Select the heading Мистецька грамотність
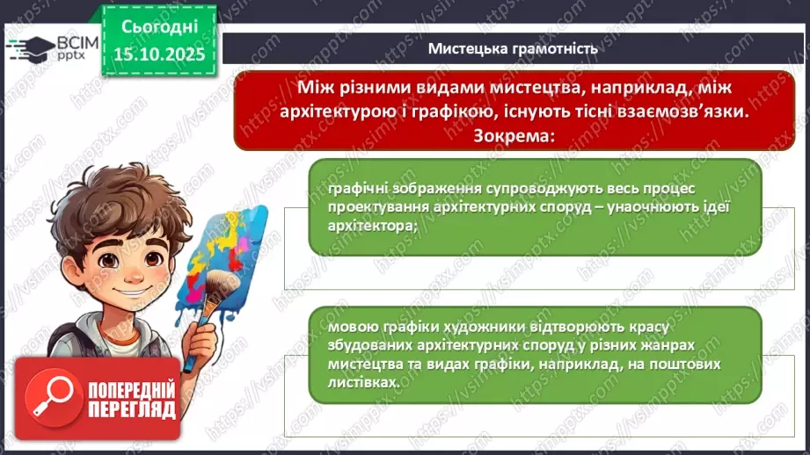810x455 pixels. (x=513, y=49)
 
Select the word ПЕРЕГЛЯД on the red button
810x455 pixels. (x=131, y=409)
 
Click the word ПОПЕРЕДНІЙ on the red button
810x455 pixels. (x=131, y=388)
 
